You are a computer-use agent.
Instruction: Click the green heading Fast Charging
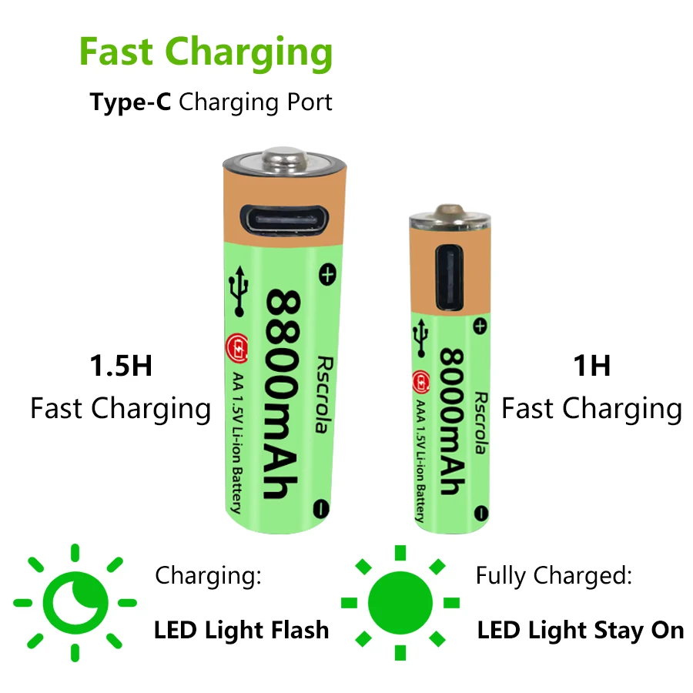pyautogui.click(x=206, y=53)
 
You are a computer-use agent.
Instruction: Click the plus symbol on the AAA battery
pyautogui.click(x=480, y=327)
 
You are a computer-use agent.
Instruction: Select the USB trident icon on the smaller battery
pyautogui.click(x=421, y=335)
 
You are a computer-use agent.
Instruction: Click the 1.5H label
pyautogui.click(x=120, y=366)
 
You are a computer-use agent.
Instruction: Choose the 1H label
pyautogui.click(x=591, y=366)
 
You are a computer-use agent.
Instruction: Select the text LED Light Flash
pyautogui.click(x=241, y=631)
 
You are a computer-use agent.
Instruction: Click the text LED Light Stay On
pyautogui.click(x=580, y=631)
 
